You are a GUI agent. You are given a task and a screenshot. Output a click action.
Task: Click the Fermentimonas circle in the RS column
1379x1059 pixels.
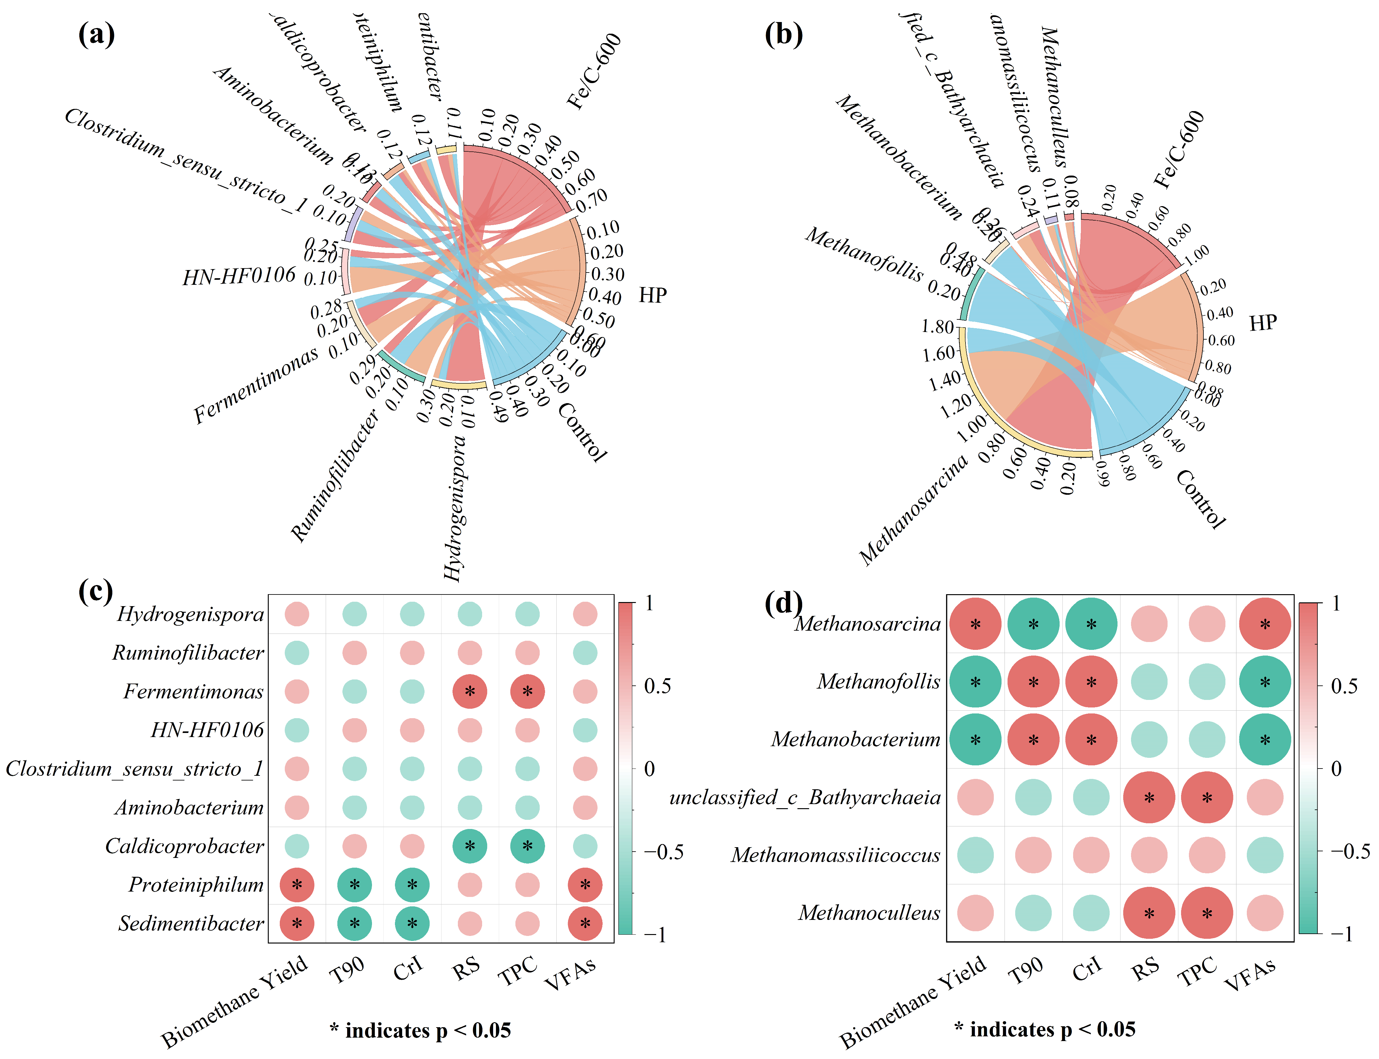(x=470, y=691)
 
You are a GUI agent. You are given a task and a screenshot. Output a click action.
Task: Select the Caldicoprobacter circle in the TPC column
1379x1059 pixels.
(x=527, y=846)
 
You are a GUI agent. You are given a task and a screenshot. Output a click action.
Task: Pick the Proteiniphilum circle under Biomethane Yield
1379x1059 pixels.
(x=297, y=885)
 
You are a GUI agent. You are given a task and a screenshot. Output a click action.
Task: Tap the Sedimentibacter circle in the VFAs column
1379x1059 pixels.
(x=585, y=923)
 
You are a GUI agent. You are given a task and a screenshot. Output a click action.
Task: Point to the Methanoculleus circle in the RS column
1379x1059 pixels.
(x=1149, y=913)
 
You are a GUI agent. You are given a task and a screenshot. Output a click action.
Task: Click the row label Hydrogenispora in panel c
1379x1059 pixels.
(x=190, y=614)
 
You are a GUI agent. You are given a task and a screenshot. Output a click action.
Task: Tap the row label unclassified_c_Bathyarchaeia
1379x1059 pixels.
(x=805, y=797)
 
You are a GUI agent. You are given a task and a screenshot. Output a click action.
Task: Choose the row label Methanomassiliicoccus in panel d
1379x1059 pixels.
(x=836, y=855)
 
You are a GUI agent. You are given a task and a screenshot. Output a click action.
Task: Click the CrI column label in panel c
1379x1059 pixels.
(x=408, y=968)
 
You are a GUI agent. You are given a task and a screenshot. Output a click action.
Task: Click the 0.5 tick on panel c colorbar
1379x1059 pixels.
(x=657, y=686)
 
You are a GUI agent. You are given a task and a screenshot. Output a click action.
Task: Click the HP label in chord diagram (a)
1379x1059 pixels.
(x=653, y=295)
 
